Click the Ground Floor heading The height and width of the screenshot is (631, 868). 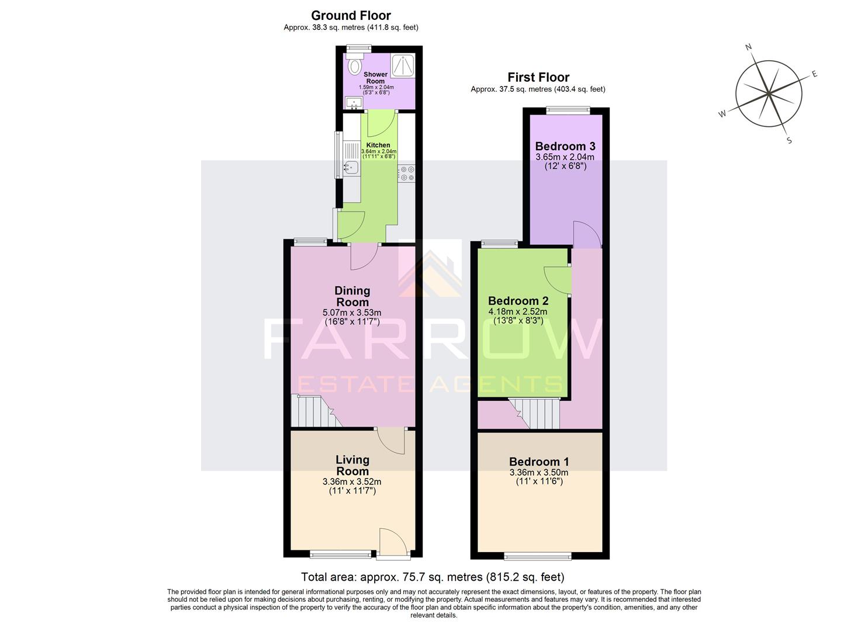[351, 16]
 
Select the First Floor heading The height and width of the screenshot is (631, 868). [538, 77]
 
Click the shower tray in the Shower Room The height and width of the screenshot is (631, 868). [403, 65]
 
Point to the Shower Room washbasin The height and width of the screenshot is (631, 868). [354, 103]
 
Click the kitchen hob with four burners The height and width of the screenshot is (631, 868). [407, 174]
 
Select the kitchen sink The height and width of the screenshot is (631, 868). [350, 167]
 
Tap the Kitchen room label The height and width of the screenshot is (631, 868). [378, 145]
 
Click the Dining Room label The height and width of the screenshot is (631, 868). [352, 296]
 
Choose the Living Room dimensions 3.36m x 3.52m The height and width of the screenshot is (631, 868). [352, 482]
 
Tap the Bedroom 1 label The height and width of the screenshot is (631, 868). [538, 462]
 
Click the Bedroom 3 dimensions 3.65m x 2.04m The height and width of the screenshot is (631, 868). [565, 157]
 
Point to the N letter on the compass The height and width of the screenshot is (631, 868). [748, 47]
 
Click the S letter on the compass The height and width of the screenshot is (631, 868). [789, 140]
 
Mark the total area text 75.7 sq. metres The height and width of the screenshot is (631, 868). [433, 577]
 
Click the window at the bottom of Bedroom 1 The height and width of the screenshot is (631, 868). [538, 555]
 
